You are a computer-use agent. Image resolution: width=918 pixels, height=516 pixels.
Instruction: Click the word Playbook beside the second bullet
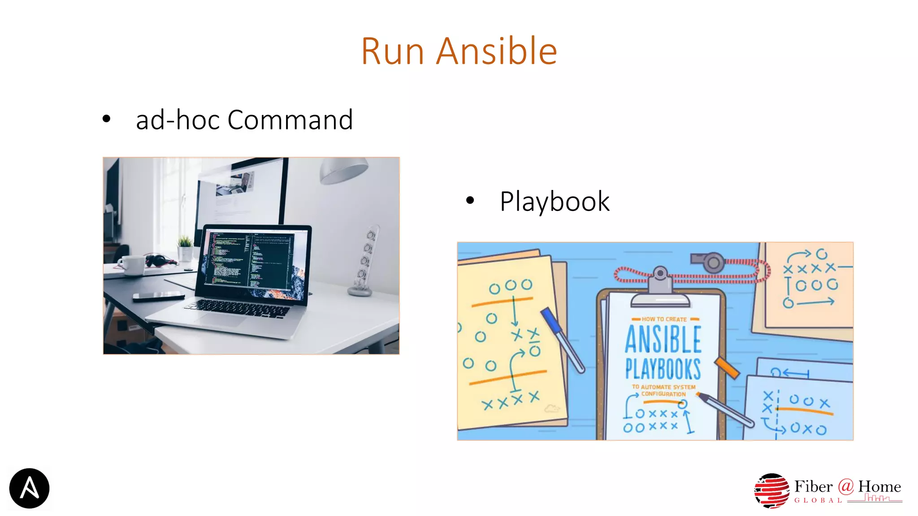[x=554, y=202]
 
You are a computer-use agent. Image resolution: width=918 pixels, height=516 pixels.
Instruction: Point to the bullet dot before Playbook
[x=469, y=201]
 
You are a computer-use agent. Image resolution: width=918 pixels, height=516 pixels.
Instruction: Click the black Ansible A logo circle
[x=29, y=488]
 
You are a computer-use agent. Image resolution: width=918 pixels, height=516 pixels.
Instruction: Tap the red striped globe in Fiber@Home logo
[x=771, y=490]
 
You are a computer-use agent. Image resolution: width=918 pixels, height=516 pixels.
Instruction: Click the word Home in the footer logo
[x=879, y=486]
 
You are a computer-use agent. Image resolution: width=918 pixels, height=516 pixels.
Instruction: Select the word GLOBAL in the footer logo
[x=818, y=500]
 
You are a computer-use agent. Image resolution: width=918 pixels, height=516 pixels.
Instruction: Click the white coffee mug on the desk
[x=132, y=265]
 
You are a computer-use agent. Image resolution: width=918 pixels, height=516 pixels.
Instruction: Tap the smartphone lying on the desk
[x=158, y=296]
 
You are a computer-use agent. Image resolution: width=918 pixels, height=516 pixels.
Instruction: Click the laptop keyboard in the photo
[x=238, y=309]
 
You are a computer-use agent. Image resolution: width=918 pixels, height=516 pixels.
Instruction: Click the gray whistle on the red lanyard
[x=709, y=262]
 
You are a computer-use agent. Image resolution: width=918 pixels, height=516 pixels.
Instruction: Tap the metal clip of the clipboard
[x=660, y=287]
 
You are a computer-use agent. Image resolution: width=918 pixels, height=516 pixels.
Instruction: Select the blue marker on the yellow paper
[x=562, y=339]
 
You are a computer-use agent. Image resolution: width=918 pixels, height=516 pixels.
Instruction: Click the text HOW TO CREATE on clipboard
[x=664, y=319]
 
